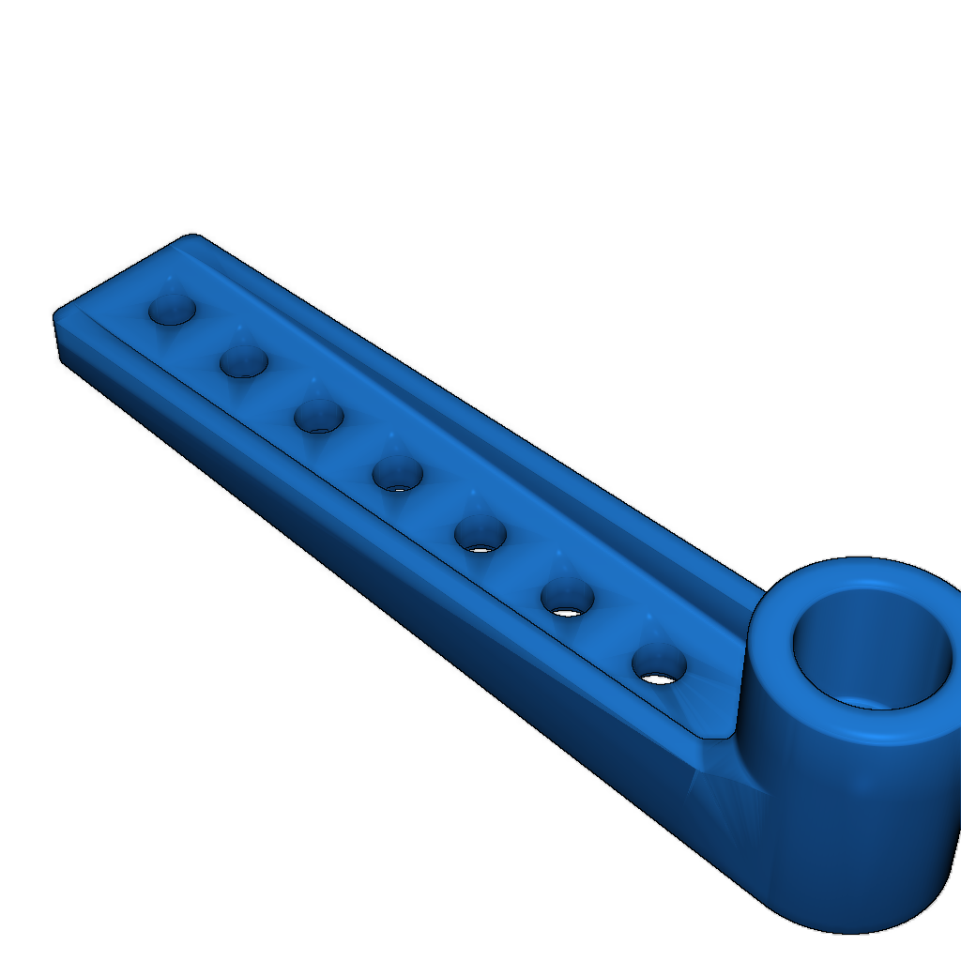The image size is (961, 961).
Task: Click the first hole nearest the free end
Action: [172, 309]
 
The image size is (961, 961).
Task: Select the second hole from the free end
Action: [244, 361]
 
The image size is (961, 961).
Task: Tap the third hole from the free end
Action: [318, 416]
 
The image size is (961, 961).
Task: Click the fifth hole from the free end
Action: [480, 534]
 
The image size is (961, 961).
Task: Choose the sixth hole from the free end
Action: [567, 597]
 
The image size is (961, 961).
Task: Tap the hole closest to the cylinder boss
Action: [659, 664]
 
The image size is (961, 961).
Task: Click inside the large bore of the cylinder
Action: [873, 648]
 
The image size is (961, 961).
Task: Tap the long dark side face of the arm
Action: [375, 582]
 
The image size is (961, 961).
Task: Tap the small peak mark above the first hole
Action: [170, 279]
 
